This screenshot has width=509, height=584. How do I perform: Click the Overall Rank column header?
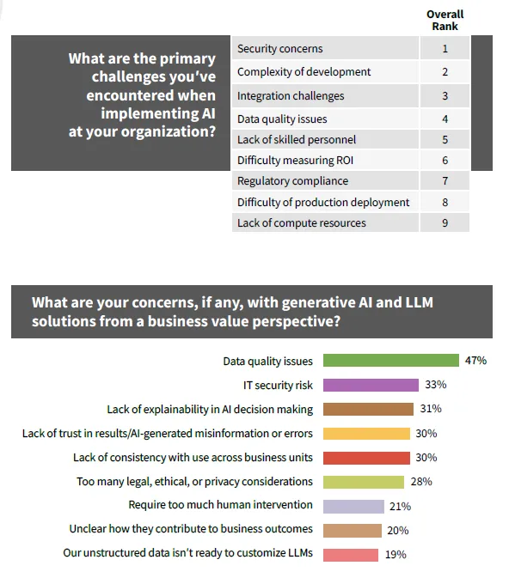click(445, 20)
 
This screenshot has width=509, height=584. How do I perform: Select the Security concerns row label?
click(279, 48)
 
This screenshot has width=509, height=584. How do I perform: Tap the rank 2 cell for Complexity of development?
click(445, 71)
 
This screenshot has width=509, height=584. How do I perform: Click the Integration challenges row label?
click(291, 95)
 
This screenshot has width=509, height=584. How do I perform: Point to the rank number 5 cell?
click(445, 140)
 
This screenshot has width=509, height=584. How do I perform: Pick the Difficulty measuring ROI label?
click(295, 160)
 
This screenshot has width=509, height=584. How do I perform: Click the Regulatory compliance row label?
click(292, 181)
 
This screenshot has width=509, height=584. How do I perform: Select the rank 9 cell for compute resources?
click(445, 222)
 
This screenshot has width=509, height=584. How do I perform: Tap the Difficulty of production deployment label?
click(323, 202)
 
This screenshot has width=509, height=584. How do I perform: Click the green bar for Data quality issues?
click(391, 361)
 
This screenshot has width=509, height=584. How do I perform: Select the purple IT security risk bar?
click(371, 385)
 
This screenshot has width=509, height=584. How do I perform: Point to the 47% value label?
click(475, 361)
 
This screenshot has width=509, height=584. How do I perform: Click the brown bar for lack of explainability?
click(368, 409)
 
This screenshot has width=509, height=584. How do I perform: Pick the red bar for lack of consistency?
click(366, 458)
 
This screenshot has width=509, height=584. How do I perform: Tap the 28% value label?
click(421, 482)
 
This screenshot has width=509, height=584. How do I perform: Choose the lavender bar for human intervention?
click(353, 507)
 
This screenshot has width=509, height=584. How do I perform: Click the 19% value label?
click(396, 555)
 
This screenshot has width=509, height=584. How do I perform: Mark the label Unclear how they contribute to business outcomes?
click(191, 529)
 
